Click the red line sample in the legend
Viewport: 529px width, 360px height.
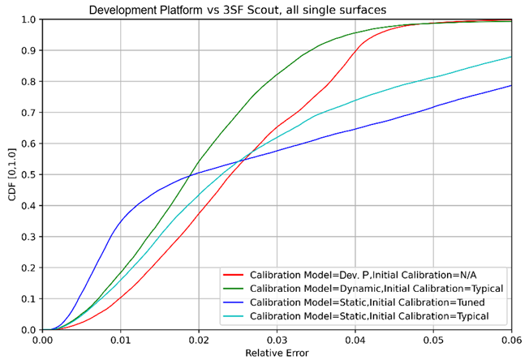234,274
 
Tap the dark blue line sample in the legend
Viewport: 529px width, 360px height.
234,302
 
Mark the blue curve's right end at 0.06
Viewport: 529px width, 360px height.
510,85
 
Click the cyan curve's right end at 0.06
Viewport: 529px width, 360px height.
510,57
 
